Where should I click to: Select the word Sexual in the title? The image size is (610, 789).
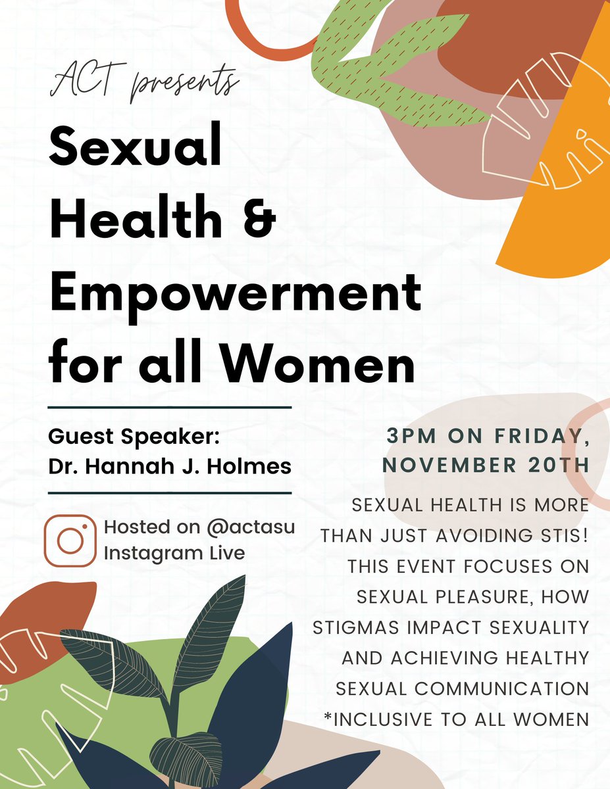[136, 149]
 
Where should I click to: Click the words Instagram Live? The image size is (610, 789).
[174, 553]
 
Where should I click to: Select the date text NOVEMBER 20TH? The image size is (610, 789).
[486, 464]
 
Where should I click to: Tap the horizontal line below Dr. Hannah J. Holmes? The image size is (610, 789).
[170, 492]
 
